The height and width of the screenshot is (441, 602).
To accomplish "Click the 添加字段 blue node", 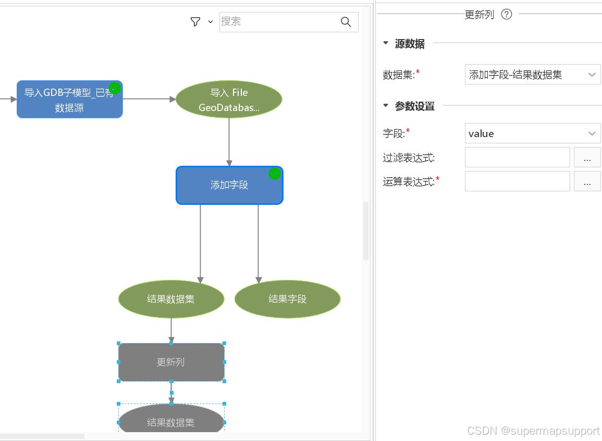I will point(229,186).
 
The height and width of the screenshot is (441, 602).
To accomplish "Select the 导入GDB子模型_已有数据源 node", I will point(69,100).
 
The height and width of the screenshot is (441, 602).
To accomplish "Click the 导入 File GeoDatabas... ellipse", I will point(229,100).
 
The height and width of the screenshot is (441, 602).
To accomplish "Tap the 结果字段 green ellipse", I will point(287,299).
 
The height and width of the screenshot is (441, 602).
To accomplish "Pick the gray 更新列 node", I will point(171,362).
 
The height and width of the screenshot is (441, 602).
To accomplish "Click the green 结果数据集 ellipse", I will point(171,299).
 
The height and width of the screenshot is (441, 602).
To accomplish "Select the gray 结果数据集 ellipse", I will point(171,421).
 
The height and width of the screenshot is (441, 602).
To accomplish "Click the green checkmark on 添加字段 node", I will point(275,174).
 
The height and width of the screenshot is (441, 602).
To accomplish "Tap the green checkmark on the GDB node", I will point(115,88).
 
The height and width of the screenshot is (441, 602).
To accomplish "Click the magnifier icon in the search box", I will point(346,21).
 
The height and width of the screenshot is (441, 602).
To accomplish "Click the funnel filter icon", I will point(195,21).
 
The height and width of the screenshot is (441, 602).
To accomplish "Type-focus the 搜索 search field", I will point(276,21).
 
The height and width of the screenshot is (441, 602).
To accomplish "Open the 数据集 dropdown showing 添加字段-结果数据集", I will point(532,75).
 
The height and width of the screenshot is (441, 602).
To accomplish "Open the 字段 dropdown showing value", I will point(532,133).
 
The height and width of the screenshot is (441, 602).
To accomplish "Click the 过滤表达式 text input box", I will point(517,157).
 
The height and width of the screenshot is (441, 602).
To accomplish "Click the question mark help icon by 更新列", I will point(506,14).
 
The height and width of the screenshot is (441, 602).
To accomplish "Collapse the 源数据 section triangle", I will point(386,43).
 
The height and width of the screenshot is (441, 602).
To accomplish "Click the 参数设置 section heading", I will point(414,106).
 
